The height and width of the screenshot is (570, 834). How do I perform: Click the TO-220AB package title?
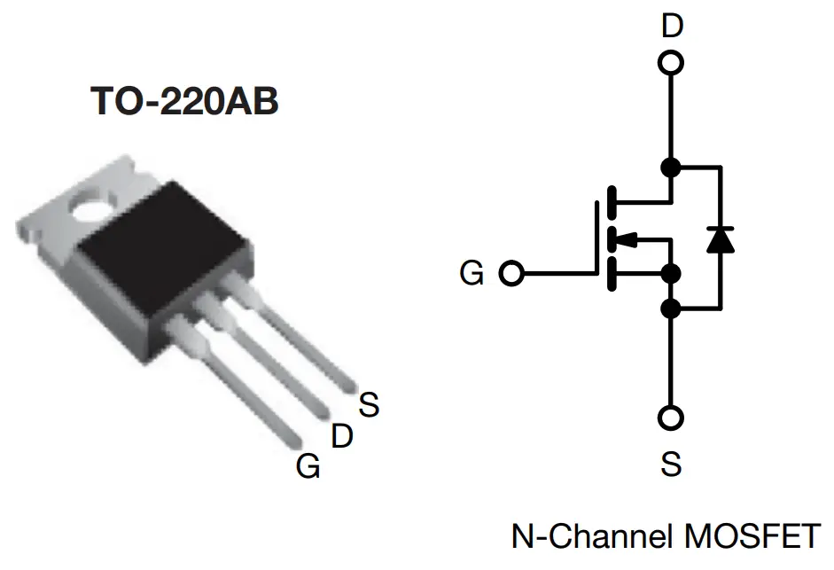pos(184,102)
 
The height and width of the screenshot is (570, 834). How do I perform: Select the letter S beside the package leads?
pos(369,405)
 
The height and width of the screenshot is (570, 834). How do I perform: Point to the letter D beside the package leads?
pos(342,435)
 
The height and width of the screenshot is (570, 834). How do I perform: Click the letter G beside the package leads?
pos(308,465)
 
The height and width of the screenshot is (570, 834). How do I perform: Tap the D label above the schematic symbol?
pos(672,27)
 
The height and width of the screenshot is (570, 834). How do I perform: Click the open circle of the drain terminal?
pos(672,63)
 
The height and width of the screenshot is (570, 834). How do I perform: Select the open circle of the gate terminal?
pos(511,273)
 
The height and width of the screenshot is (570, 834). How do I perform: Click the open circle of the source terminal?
pos(672,417)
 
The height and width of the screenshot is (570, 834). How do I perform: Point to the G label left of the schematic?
pos(472,273)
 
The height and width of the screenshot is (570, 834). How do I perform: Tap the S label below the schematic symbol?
pos(671,462)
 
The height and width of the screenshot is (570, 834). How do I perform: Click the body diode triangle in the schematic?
pos(720,238)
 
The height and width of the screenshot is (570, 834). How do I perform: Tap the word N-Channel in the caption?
pos(585,535)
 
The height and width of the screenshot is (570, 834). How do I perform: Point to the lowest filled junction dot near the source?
pos(672,308)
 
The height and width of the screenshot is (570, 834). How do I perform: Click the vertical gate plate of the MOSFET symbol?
pos(596,237)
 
